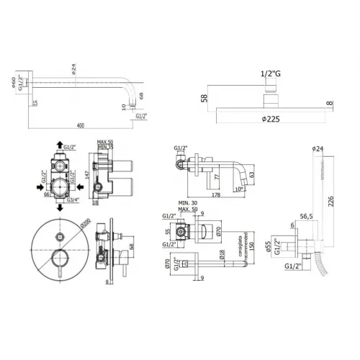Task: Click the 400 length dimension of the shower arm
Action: [79, 125]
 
